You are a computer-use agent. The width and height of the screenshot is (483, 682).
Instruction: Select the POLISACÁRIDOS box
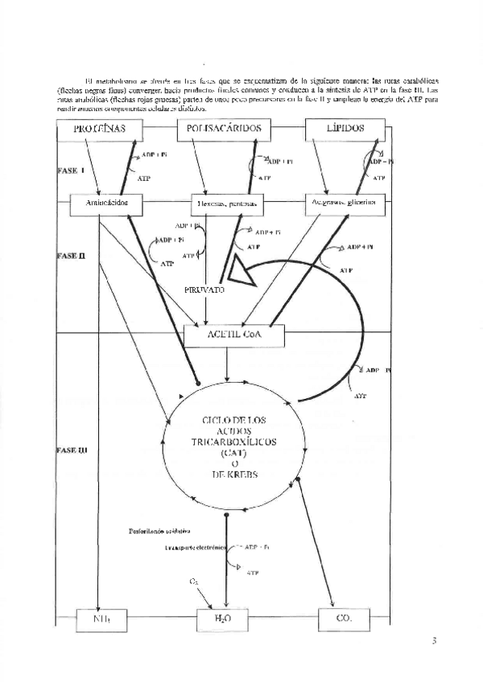point(224,129)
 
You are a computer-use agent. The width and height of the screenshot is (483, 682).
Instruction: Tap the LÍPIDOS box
point(345,129)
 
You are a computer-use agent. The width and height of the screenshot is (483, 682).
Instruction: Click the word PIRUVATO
point(204,290)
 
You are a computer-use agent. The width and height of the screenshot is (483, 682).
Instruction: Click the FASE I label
point(70,171)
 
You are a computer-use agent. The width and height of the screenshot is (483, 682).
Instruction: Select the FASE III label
point(72,451)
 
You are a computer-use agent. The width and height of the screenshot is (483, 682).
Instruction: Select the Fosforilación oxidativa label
point(159,531)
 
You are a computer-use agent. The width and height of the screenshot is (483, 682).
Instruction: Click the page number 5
point(433,641)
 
